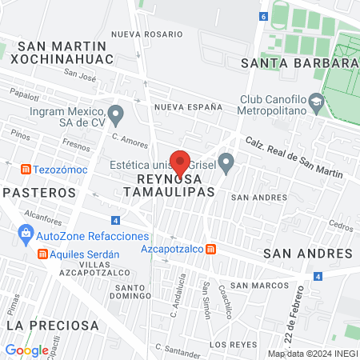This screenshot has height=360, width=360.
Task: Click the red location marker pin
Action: click(181, 162)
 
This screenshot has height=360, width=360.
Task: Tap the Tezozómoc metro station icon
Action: click(26, 169)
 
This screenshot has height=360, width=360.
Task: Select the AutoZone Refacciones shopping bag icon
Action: click(26, 236)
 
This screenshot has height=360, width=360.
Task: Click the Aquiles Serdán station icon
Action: click(42, 253)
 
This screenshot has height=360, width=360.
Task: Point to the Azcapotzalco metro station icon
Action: click(210, 250)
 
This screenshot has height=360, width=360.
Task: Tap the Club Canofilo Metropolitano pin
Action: click(317, 101)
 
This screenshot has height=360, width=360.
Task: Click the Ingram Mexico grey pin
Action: click(116, 114)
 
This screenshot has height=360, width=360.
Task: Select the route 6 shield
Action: click(263, 16)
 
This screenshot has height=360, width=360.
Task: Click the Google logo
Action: click(26, 350)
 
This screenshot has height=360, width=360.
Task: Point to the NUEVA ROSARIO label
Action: click(142, 34)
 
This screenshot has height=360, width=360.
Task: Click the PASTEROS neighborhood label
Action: click(39, 193)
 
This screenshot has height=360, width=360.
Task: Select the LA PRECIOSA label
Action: click(53, 326)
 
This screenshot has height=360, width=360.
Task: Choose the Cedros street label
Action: click(341, 226)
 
